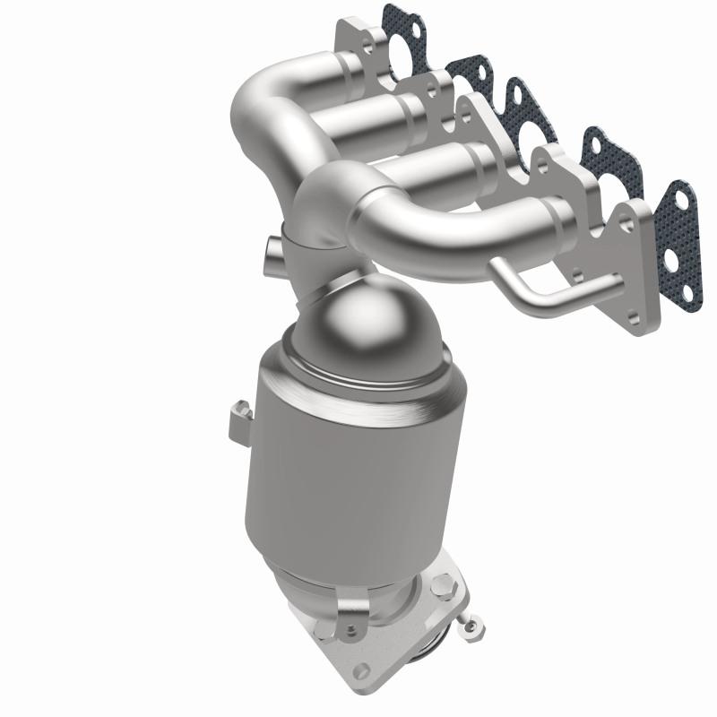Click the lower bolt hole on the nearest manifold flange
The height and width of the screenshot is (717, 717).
[x=638, y=315]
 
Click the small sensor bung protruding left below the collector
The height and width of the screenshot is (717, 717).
[x=272, y=252]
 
